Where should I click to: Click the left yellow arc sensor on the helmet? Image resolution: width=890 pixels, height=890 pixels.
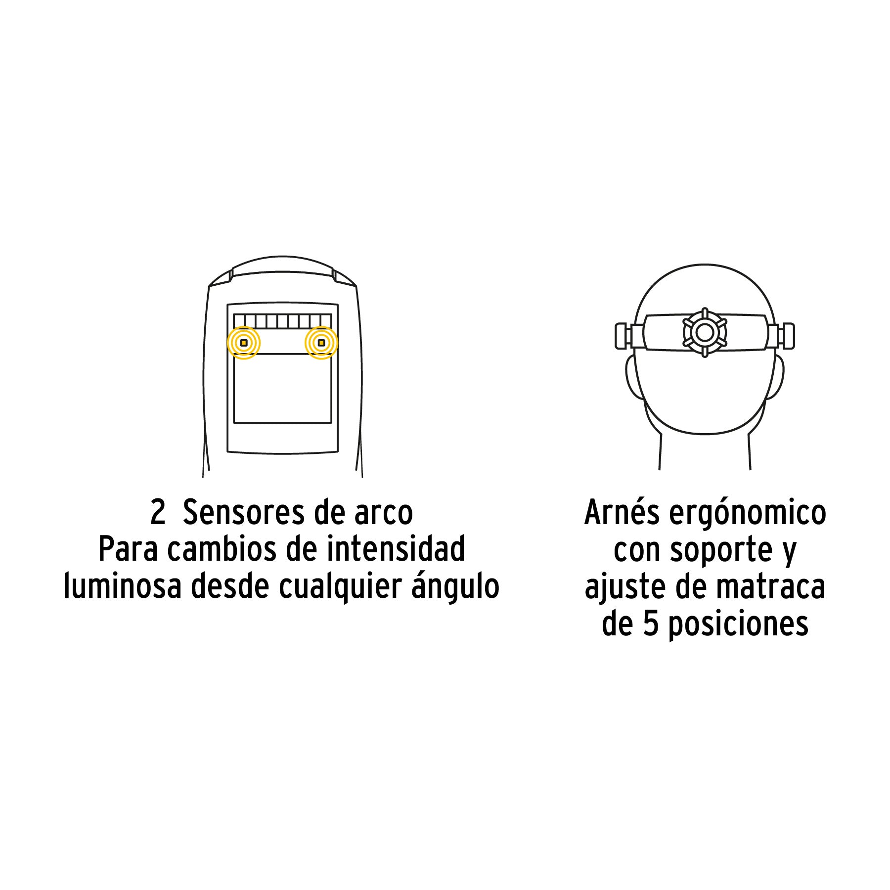[244, 343]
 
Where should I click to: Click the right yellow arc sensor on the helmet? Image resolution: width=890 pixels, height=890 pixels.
[321, 343]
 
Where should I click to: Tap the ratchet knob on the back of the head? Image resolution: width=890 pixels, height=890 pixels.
[705, 332]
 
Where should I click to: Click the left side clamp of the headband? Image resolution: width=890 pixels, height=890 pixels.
[629, 335]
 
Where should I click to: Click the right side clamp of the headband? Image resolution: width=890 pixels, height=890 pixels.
[780, 335]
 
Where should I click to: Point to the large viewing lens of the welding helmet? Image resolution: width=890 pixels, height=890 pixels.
[282, 388]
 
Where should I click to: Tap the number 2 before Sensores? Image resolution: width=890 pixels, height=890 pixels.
[158, 513]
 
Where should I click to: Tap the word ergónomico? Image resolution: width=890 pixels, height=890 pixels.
[748, 515]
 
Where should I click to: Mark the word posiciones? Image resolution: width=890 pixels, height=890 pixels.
[738, 625]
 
